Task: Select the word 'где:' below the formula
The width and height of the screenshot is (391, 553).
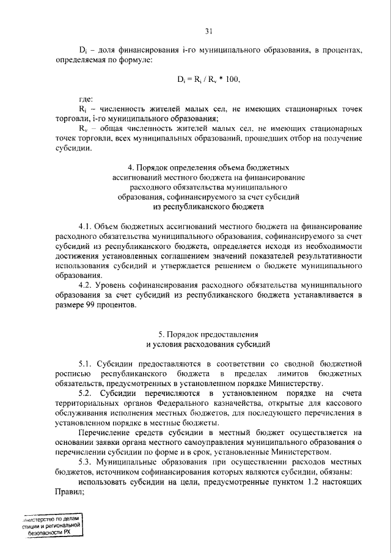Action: (87, 98)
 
